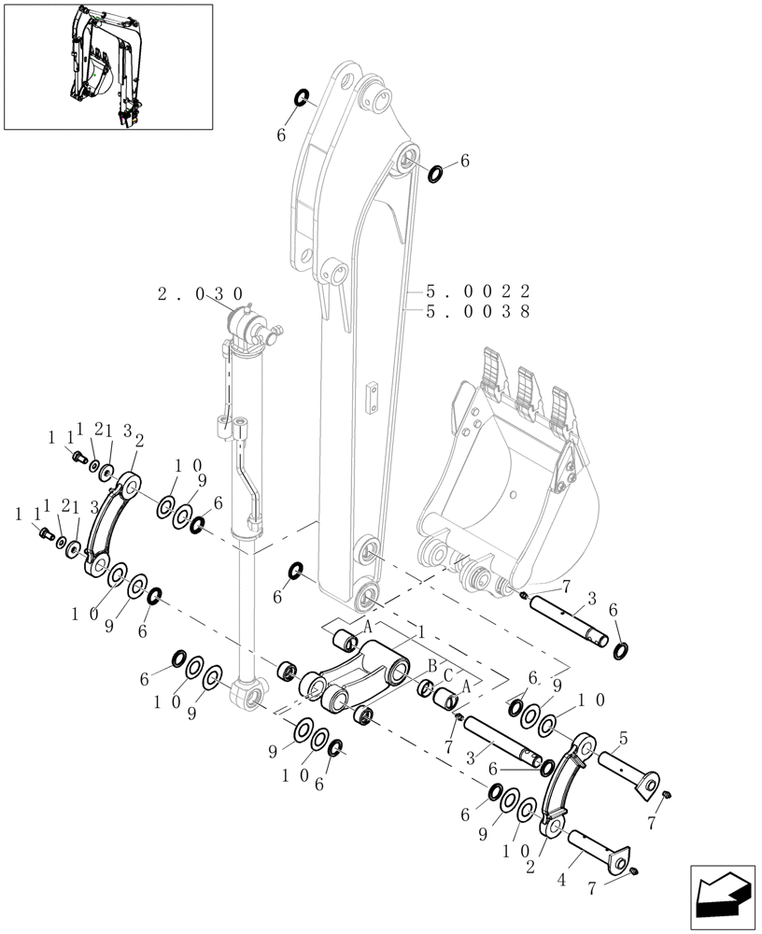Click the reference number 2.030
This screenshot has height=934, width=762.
pyautogui.click(x=200, y=293)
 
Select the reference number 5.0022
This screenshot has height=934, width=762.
pyautogui.click(x=477, y=290)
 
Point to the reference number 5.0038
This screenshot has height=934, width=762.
pyautogui.click(x=477, y=312)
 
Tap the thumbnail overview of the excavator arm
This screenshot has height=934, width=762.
pyautogui.click(x=107, y=66)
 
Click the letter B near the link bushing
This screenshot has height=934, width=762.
pyautogui.click(x=431, y=665)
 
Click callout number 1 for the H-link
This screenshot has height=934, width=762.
pyautogui.click(x=421, y=633)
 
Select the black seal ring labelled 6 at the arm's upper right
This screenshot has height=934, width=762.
pyautogui.click(x=436, y=173)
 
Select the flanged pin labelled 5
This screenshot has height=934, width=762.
pyautogui.click(x=627, y=770)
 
